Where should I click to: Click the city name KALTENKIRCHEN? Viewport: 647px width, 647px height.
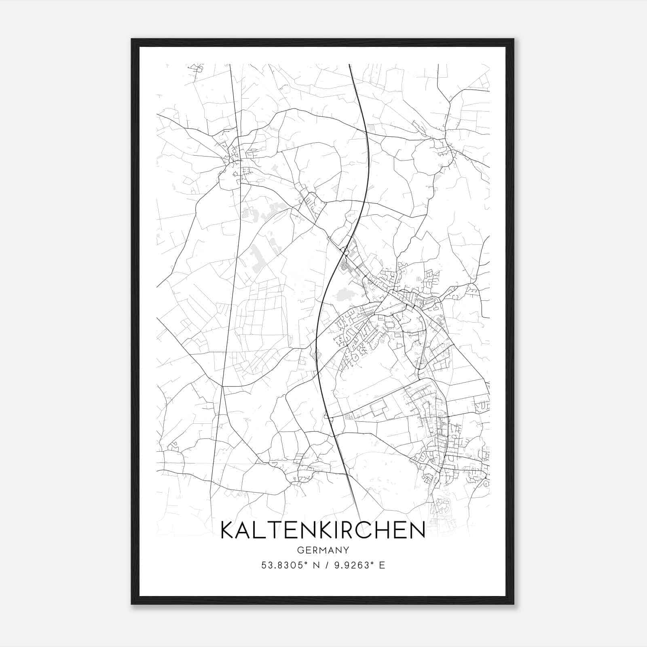(323, 530)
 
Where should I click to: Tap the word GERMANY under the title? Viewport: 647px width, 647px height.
(323, 550)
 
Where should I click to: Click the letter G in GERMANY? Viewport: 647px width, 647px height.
(300, 550)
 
